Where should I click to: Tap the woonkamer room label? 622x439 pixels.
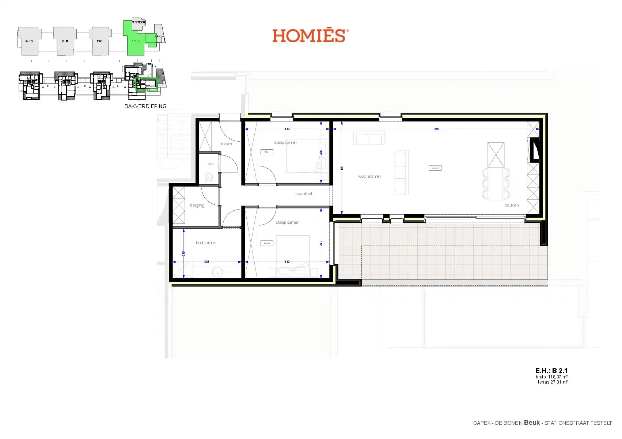tap(369, 176)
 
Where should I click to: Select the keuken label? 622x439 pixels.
tap(511, 205)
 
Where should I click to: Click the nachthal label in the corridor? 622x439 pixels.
tap(304, 193)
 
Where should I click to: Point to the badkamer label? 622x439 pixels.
tap(206, 243)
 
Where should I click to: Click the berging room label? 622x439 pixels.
tap(197, 205)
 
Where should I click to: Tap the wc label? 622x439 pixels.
tap(211, 164)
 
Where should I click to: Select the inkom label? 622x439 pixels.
tap(225, 144)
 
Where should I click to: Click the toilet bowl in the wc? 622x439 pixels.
tap(209, 178)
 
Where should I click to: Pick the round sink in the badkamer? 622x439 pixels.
tap(218, 272)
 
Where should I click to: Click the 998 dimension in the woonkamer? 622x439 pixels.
tap(436, 129)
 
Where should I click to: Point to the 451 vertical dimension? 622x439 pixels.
tap(342, 168)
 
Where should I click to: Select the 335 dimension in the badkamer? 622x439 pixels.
tap(207, 262)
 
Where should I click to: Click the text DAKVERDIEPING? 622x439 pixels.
tap(145, 106)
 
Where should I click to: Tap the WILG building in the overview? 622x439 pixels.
tap(29, 41)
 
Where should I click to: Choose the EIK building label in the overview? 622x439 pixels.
tap(99, 41)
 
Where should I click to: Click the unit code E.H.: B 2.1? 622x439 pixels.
tap(551, 370)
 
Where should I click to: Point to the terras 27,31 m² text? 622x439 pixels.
tap(553, 382)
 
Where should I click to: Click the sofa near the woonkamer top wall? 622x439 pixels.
tap(369, 139)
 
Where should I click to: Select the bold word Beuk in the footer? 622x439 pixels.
tap(532, 422)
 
